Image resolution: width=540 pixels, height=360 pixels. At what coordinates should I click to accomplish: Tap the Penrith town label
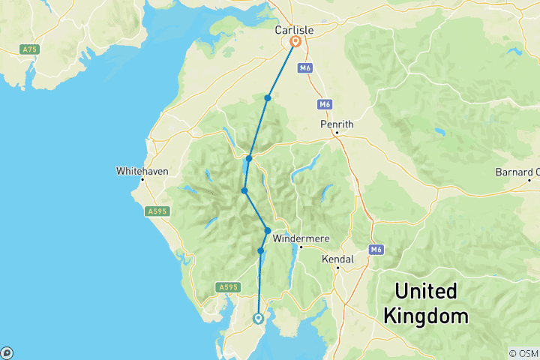click(337, 124)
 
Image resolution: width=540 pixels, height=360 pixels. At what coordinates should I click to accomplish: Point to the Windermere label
click(300, 238)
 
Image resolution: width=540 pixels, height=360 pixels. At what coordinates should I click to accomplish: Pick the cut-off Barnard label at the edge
click(517, 172)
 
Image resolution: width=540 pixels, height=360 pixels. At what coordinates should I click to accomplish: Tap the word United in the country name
click(426, 291)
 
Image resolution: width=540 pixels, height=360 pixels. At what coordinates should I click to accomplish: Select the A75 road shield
click(29, 49)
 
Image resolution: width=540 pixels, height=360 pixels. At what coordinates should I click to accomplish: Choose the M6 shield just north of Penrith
click(324, 104)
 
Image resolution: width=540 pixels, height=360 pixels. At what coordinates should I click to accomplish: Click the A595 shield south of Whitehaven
click(157, 212)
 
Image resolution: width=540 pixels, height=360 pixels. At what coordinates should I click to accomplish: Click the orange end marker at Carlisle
click(295, 43)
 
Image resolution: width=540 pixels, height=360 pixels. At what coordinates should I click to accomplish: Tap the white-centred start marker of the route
click(259, 318)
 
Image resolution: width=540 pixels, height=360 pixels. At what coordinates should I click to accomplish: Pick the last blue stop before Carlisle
click(267, 98)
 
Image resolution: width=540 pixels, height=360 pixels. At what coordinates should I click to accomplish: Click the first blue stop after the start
click(261, 250)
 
